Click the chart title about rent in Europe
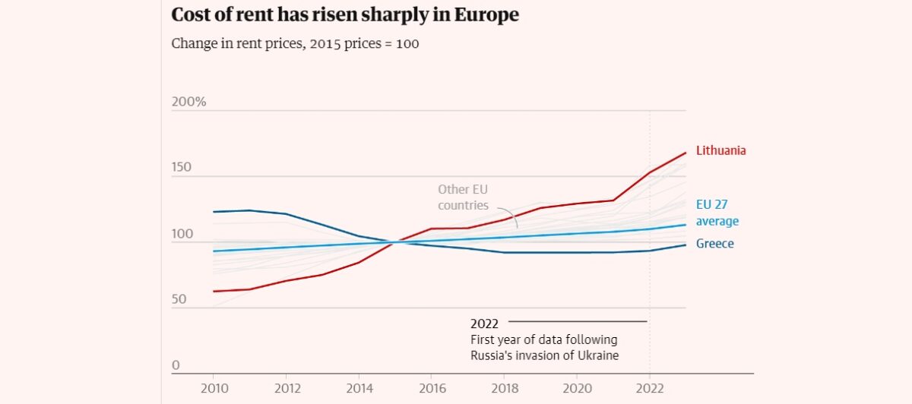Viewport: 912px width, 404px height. coord(345,15)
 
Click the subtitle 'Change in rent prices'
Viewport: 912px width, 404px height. coord(295,43)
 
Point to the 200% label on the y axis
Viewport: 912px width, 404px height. coord(189,102)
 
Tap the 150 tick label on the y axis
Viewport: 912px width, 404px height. coord(182,168)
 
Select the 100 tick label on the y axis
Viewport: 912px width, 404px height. coord(182,234)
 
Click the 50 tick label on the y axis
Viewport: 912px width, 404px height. coord(179,300)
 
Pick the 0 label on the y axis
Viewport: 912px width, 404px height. coord(176,365)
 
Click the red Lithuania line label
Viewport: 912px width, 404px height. coord(720,150)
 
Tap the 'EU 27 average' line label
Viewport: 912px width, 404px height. coord(717,213)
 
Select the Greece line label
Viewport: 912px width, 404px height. coord(714,244)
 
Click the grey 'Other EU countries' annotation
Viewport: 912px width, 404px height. coord(463,197)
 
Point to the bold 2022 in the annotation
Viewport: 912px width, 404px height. coord(485,324)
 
